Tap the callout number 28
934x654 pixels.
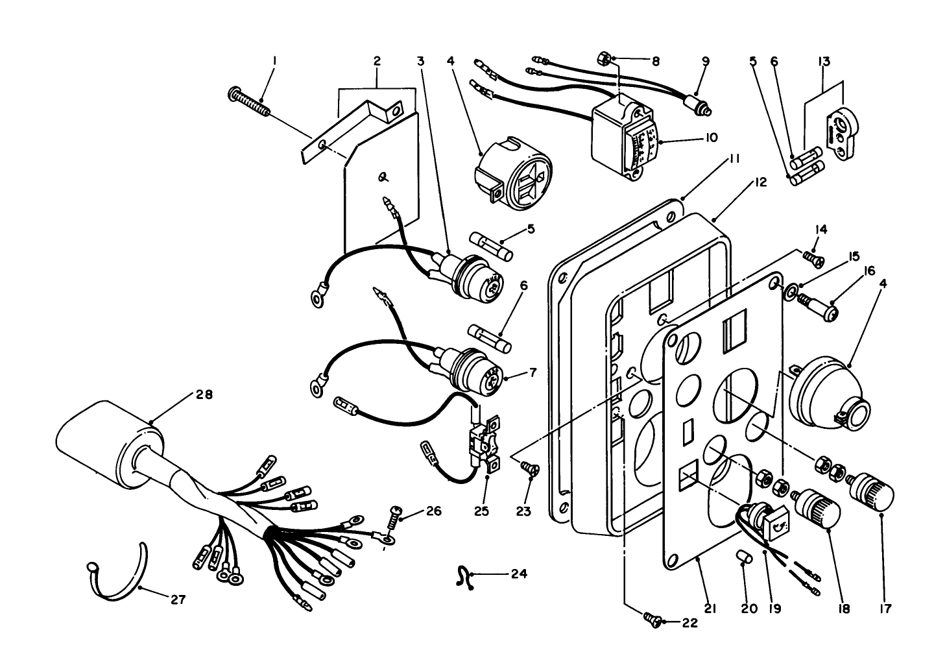click(204, 394)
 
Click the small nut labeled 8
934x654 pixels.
click(603, 59)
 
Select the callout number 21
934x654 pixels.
click(709, 609)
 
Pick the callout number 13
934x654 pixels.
click(824, 61)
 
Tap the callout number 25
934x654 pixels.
click(481, 511)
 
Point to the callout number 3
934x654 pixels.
click(420, 61)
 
